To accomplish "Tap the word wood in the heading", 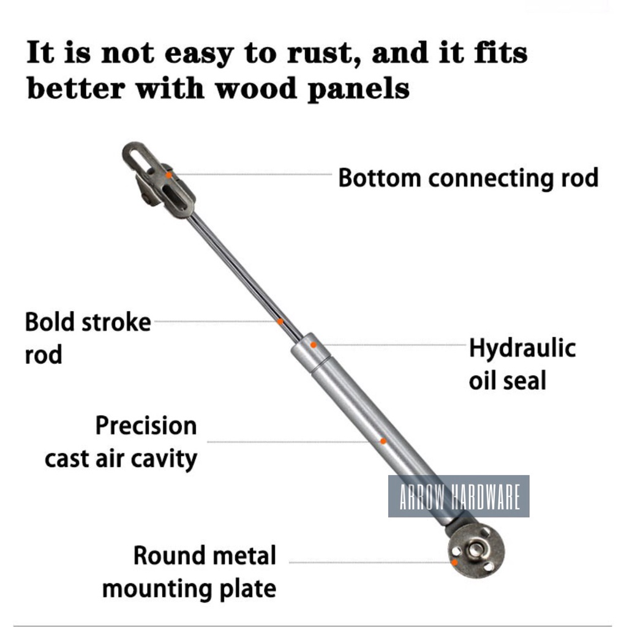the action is coord(256,89).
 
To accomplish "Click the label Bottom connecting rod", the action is coord(468,178).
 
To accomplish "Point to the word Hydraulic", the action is coord(522,348).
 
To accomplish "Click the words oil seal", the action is coord(508,380).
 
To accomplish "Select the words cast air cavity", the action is coord(121,459).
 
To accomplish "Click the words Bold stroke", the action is coord(88,322).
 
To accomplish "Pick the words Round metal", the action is coord(205,555).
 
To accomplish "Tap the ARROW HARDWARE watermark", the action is coord(459,496).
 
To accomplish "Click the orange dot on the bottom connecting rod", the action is coord(169,175).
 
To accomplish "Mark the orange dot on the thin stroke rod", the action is coord(280,321).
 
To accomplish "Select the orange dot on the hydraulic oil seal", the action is coord(313,345).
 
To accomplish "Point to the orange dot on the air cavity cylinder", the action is coord(383,441).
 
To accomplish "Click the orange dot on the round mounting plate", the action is coord(455,563).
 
